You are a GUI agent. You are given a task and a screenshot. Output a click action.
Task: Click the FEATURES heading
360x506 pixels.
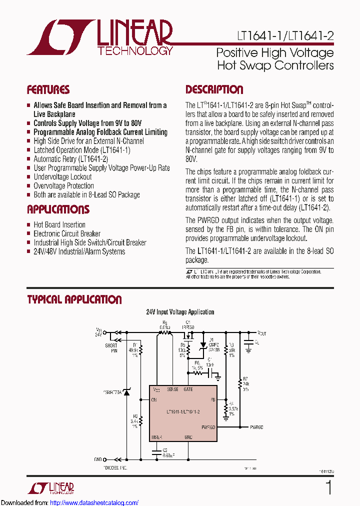pyautogui.click(x=48, y=90)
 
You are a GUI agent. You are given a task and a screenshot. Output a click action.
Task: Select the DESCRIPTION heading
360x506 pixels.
pyautogui.click(x=214, y=90)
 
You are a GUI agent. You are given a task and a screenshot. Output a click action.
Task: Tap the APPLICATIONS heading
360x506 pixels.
pyautogui.click(x=58, y=209)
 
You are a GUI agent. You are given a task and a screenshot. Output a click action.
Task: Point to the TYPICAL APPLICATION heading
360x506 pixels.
pyautogui.click(x=74, y=299)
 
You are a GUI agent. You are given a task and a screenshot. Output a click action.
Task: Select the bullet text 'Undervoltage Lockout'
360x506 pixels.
pyautogui.click(x=62, y=176)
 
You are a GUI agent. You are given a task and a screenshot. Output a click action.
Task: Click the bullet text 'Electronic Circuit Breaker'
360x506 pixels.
pyautogui.click(x=66, y=233)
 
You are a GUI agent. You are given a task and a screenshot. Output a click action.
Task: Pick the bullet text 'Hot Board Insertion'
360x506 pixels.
pyautogui.click(x=59, y=224)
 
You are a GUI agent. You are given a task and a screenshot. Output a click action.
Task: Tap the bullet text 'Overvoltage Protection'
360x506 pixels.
pyautogui.click(x=63, y=185)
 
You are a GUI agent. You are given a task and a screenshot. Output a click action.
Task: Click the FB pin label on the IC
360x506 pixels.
pyautogui.click(x=212, y=400)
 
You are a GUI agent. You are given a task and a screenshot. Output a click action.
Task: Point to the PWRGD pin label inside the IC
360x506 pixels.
pyautogui.click(x=208, y=427)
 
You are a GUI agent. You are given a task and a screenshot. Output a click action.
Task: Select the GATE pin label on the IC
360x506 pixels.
pyautogui.click(x=188, y=389)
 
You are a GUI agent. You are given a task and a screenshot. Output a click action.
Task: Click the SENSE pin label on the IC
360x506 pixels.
pyautogui.click(x=172, y=389)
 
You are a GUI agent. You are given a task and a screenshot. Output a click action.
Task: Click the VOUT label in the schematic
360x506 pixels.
pyautogui.click(x=262, y=332)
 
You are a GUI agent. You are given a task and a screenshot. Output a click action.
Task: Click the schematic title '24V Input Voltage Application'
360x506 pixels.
pyautogui.click(x=180, y=312)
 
